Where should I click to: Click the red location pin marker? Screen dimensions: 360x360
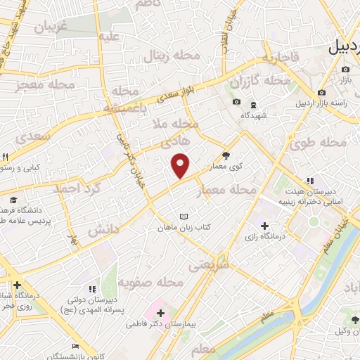point(181,165)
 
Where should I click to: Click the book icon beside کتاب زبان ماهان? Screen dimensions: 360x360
point(184,216)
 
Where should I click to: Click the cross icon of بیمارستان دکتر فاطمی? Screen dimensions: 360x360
point(160,313)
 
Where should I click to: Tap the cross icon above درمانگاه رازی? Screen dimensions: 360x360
point(264,226)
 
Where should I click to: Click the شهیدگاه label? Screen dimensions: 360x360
point(253,115)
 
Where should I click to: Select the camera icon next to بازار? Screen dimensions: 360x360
point(345,70)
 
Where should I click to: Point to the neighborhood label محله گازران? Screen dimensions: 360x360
point(266,81)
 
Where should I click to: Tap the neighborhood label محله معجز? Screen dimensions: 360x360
point(45,86)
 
